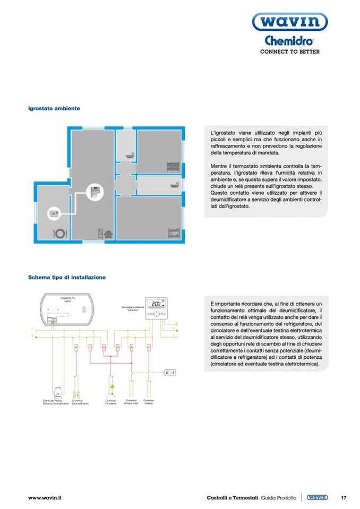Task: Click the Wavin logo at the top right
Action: pos(290,23)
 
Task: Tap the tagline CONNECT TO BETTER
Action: pos(289,52)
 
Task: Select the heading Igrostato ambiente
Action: pos(54,108)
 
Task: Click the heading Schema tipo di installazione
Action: pos(67,277)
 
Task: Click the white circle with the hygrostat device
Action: pos(54,213)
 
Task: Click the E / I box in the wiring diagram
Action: pos(170,372)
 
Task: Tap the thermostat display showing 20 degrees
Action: pos(157,304)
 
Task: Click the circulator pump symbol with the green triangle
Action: pos(112,387)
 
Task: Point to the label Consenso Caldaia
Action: pos(149,402)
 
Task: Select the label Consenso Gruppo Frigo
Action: pos(131,402)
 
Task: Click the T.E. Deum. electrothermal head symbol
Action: pos(57,393)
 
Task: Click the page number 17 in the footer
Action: pos(344,497)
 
